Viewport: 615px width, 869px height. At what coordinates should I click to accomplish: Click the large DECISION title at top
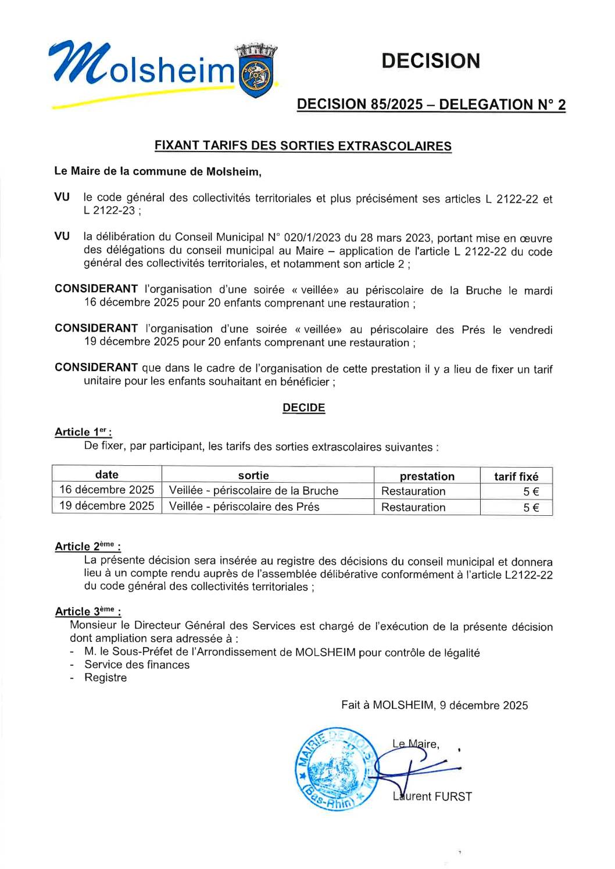click(431, 61)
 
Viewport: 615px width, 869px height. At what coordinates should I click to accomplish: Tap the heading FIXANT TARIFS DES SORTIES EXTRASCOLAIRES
click(303, 146)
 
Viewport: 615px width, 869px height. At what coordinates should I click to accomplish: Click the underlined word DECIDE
click(303, 408)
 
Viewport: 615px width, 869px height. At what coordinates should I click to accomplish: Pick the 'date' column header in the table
click(107, 475)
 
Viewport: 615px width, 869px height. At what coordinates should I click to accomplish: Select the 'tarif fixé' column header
click(516, 476)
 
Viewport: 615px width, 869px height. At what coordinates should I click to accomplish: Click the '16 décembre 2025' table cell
click(107, 490)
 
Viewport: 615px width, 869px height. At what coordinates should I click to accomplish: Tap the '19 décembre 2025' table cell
click(107, 506)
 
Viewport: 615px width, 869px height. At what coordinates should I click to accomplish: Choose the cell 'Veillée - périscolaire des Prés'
click(244, 507)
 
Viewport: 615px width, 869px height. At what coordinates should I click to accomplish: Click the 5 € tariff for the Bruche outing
click(531, 491)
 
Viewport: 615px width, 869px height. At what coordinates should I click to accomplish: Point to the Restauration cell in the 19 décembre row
click(413, 507)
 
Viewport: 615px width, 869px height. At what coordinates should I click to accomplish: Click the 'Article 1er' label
click(83, 432)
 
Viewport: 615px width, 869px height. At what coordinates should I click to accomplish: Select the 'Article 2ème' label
click(87, 546)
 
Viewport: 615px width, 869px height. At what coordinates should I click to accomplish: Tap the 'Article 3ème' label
click(87, 611)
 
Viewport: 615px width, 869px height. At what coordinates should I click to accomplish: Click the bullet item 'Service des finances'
click(137, 665)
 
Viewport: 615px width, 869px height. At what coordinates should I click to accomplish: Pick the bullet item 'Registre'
click(105, 677)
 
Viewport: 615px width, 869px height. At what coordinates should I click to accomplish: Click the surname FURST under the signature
click(453, 796)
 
